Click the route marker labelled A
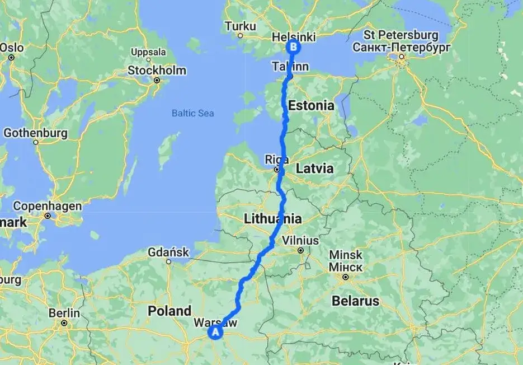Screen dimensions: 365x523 (x=214, y=332)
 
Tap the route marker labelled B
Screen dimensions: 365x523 (x=293, y=47)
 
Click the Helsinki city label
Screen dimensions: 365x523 (x=294, y=37)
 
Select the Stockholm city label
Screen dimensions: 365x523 (x=157, y=71)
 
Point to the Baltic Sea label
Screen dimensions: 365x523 (x=193, y=114)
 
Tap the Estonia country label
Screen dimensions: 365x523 (x=311, y=105)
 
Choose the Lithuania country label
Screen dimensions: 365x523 (x=273, y=219)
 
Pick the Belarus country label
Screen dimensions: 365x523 (x=355, y=301)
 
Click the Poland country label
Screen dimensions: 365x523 (x=169, y=311)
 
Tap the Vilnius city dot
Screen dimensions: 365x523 (x=301, y=251)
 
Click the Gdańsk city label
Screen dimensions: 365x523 (x=169, y=252)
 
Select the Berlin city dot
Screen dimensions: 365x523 (x=64, y=323)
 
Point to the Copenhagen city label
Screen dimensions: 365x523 (x=48, y=206)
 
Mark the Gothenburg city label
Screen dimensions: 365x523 (x=35, y=133)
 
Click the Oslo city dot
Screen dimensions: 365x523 (x=11, y=57)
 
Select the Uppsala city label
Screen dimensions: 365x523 (x=148, y=52)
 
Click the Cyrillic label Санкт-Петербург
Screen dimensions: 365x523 (x=401, y=48)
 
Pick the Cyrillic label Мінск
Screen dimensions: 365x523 (x=346, y=266)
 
